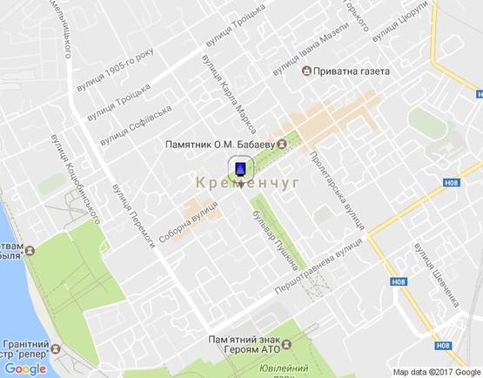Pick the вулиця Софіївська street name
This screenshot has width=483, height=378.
[x=135, y=125]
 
